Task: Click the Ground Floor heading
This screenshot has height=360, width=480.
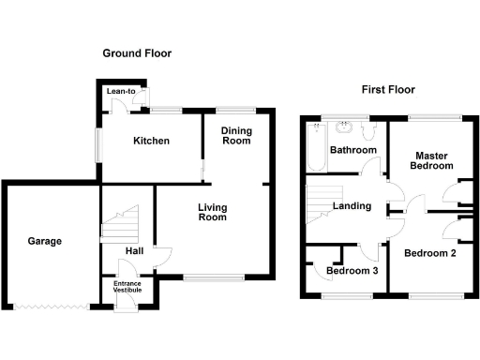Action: [137, 54]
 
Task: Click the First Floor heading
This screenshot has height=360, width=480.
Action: [388, 90]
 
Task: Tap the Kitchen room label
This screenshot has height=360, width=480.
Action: [151, 142]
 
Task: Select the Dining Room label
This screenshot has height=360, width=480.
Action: [235, 136]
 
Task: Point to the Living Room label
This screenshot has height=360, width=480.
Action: [213, 212]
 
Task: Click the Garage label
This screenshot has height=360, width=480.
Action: [44, 241]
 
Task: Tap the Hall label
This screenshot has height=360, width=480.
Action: [131, 251]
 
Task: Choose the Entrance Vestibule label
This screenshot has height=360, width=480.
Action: [127, 287]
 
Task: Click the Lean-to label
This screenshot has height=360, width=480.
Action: [121, 91]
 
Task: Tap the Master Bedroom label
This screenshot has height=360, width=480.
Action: [430, 160]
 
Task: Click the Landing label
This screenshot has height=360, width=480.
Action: [352, 206]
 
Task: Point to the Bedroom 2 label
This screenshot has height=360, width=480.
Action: [429, 252]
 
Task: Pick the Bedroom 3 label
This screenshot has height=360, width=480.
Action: [352, 272]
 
